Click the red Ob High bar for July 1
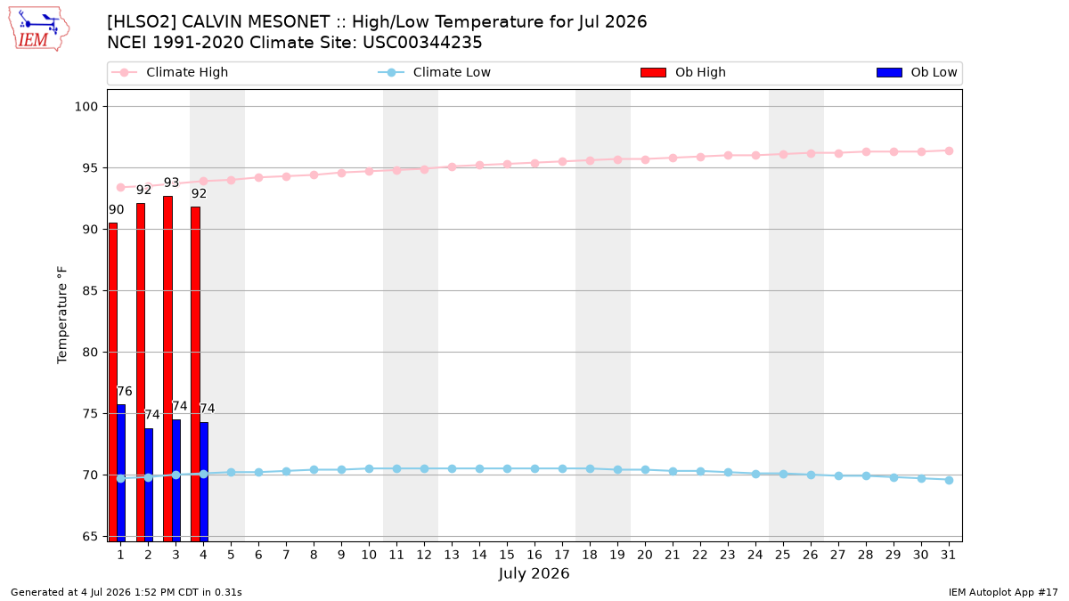(112, 382)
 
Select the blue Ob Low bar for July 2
(149, 484)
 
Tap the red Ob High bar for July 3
(168, 369)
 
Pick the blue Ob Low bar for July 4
(204, 482)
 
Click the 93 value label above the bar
(171, 183)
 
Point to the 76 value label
(125, 392)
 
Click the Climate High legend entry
(170, 72)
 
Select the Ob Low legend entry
(917, 72)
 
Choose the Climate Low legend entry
(435, 72)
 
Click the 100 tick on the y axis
(86, 106)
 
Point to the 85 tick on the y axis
(90, 290)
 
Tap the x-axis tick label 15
(507, 555)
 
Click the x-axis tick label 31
(948, 555)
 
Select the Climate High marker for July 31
(949, 150)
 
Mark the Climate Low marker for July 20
(645, 470)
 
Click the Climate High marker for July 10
(369, 171)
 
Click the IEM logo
(38, 29)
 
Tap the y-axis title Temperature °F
(62, 315)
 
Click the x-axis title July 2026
(534, 573)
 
